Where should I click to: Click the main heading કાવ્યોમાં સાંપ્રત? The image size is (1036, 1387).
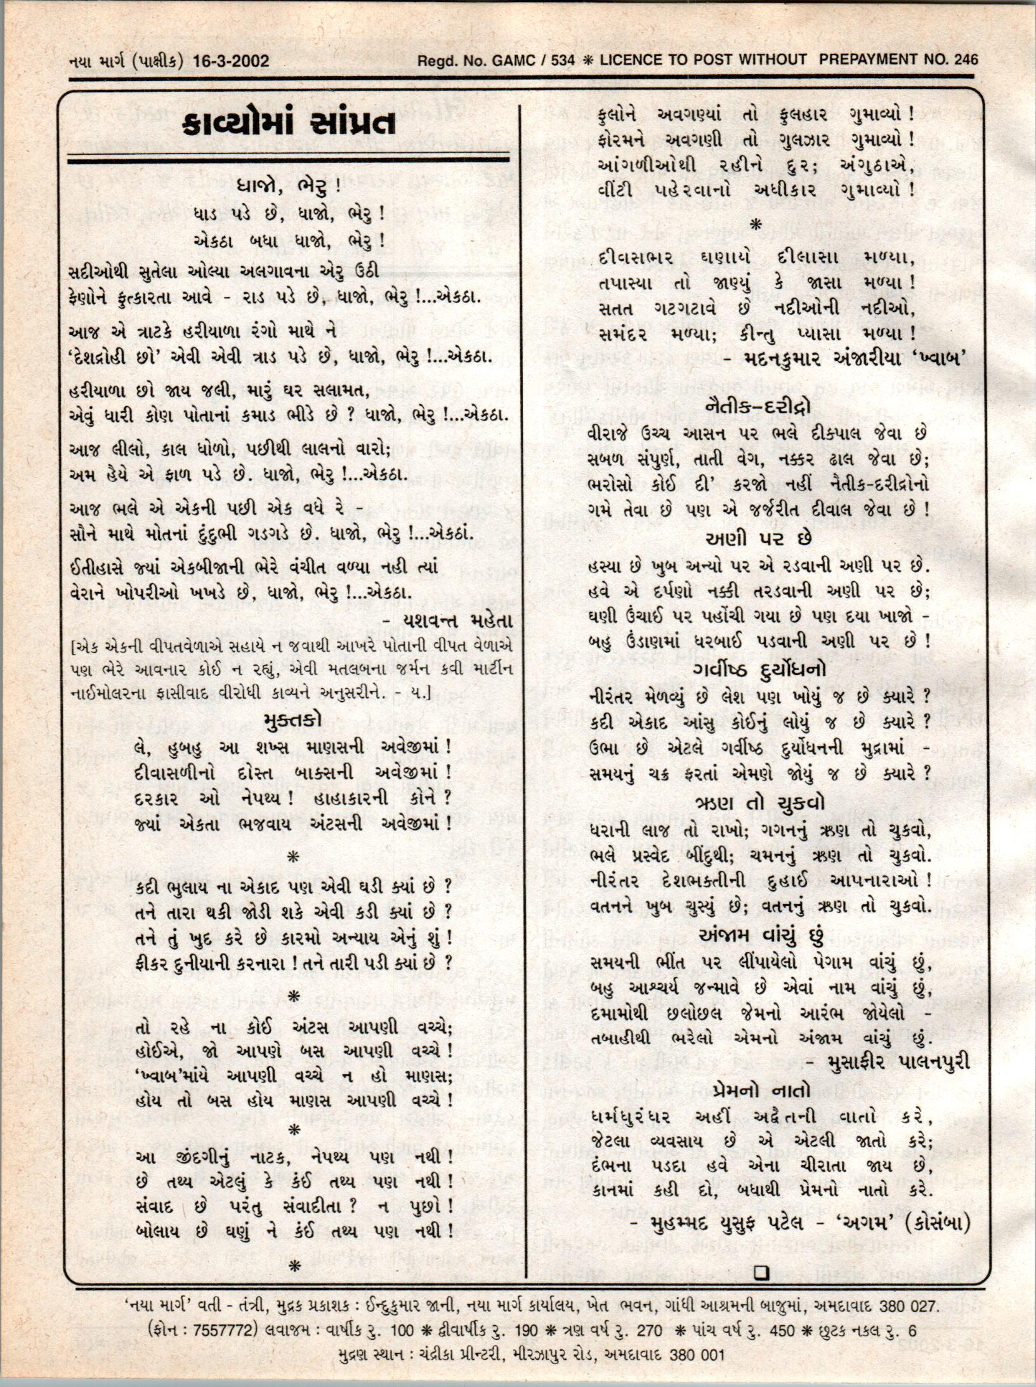coord(289,123)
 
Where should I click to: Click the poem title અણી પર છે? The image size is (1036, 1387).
coord(758,539)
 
